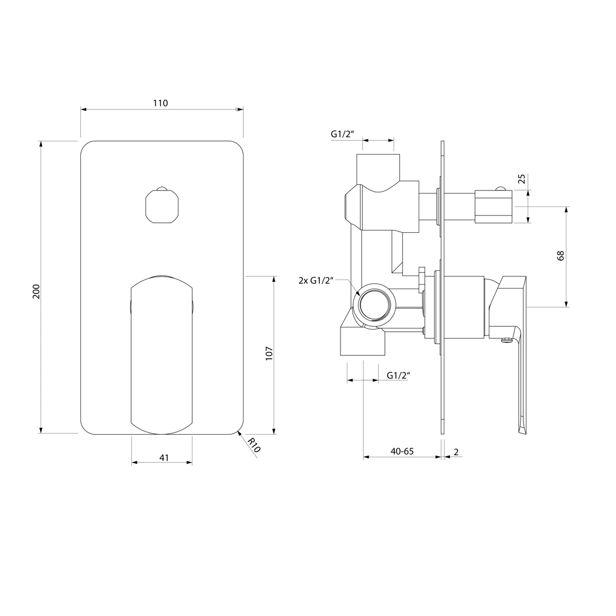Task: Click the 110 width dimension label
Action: click(x=160, y=103)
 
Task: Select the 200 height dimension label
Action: click(x=36, y=291)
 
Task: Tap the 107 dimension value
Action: click(x=269, y=354)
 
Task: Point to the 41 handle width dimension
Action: click(x=164, y=457)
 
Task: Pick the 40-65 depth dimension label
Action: click(x=402, y=451)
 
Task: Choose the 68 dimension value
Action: click(x=561, y=256)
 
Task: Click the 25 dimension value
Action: click(x=522, y=179)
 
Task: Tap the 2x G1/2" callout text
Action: click(x=316, y=280)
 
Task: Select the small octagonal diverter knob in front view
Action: click(x=161, y=206)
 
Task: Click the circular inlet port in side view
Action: click(x=374, y=304)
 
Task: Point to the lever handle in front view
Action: click(x=161, y=355)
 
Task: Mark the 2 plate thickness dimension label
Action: click(x=456, y=452)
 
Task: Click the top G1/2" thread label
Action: click(x=343, y=133)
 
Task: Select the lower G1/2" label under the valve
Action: click(x=398, y=375)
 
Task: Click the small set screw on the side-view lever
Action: click(x=506, y=340)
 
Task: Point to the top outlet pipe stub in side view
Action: click(x=378, y=169)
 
